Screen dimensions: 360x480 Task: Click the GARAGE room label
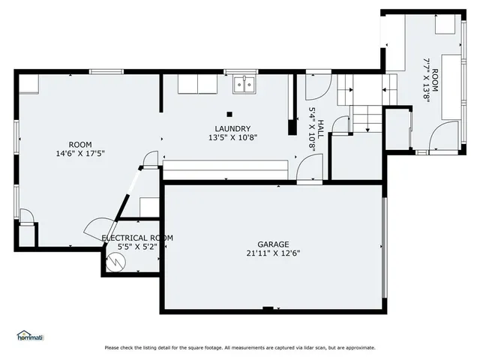pos(273,244)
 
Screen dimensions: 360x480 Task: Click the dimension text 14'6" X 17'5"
pos(80,154)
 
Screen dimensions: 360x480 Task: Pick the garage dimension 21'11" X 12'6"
pos(273,253)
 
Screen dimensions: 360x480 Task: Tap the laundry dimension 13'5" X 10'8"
pos(229,138)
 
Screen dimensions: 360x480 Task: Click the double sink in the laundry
pos(244,85)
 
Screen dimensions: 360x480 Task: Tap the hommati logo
pos(30,334)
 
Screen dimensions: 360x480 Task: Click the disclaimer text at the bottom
pos(240,347)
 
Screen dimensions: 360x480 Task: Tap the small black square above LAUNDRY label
pos(229,113)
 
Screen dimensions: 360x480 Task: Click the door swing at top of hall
pos(314,90)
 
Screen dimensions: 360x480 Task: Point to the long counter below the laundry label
pos(226,169)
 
